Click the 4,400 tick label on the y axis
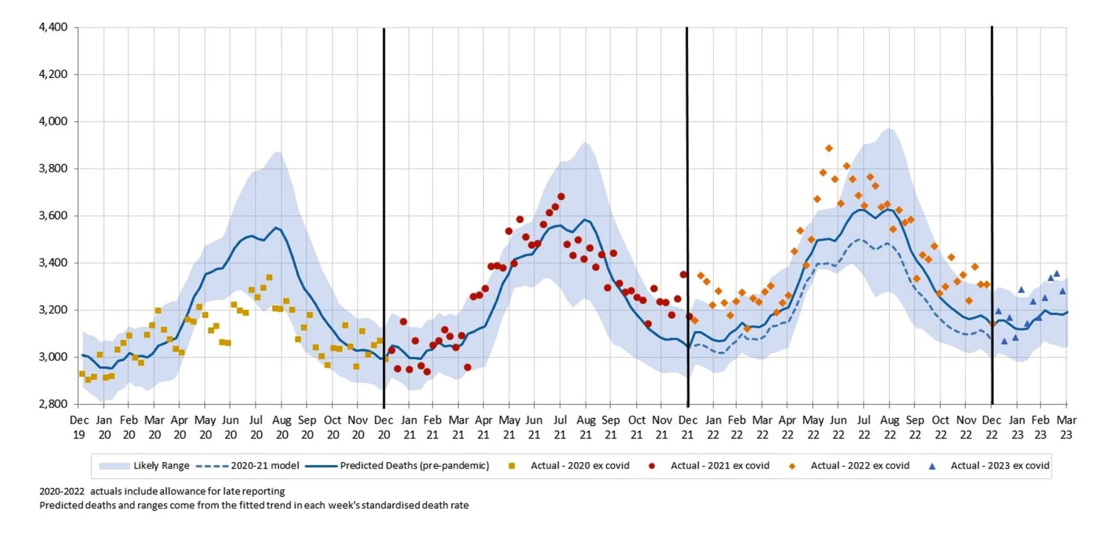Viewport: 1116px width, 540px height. coord(53,27)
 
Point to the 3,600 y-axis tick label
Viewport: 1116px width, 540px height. coord(53,216)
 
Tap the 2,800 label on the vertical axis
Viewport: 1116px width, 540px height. coord(53,404)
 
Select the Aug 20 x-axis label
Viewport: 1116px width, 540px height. coord(282,427)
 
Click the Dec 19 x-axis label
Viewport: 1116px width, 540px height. coord(79,427)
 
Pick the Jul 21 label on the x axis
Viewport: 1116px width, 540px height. coord(560,427)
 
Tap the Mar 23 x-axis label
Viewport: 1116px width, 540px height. coord(1066,427)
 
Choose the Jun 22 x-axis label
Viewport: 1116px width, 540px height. coord(838,427)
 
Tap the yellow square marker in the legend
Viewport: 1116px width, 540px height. coord(512,466)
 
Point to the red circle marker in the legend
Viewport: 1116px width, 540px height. coord(652,466)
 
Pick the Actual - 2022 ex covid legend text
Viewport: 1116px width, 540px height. coord(860,466)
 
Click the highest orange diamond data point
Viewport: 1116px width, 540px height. coord(829,148)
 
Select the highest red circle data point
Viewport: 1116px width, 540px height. coord(561,197)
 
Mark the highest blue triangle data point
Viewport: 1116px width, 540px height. coord(1057,274)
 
